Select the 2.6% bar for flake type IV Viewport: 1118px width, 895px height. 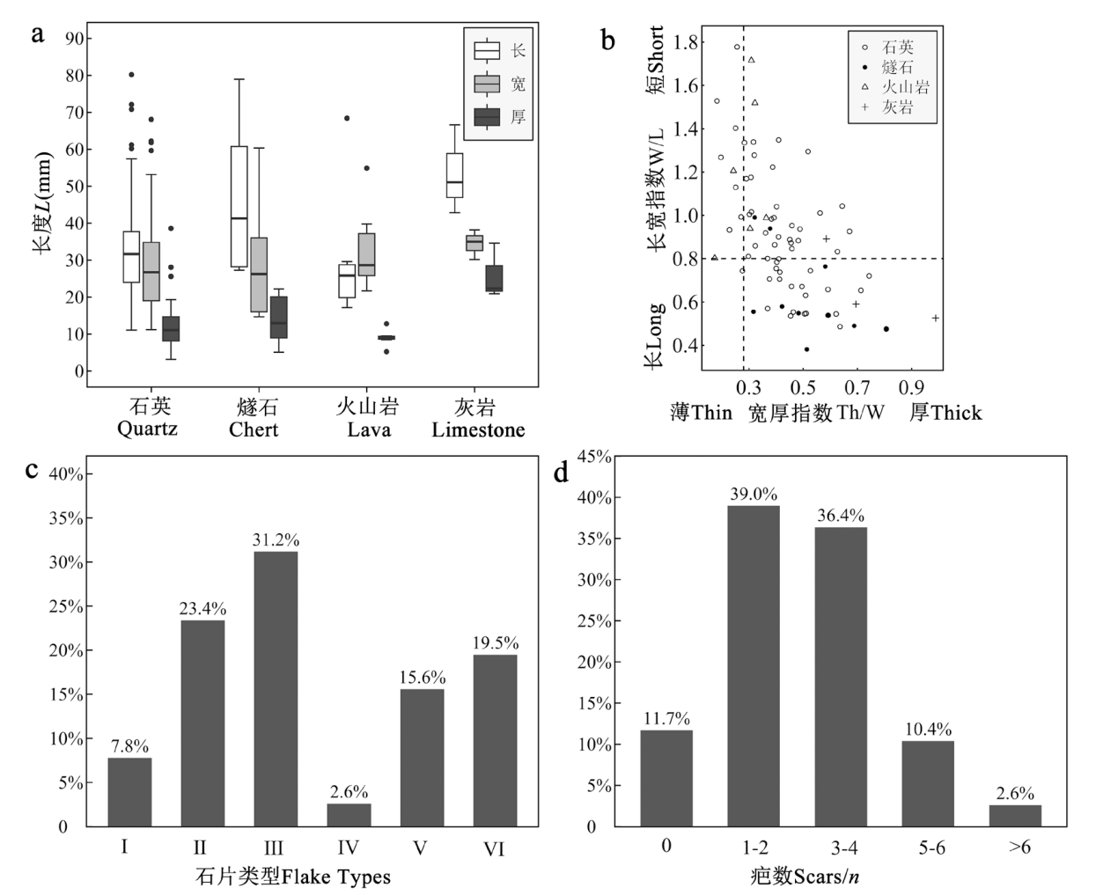349,815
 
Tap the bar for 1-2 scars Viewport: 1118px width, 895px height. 754,666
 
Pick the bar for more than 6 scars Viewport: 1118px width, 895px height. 1015,816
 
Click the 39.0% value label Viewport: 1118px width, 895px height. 754,495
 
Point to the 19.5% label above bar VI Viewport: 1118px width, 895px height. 496,643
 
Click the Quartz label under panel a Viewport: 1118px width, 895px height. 148,429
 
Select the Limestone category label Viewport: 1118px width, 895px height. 478,430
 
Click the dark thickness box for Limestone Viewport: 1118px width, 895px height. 494,278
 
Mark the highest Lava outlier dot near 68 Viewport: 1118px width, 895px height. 347,118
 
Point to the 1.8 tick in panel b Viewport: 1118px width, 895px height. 687,42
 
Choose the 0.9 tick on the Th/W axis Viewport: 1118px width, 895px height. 911,388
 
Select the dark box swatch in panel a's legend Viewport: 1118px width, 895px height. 487,117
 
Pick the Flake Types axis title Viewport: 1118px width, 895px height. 293,877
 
